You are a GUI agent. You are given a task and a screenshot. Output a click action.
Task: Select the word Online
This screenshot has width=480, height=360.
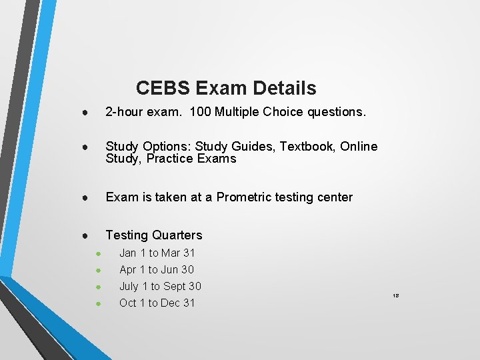click(359, 146)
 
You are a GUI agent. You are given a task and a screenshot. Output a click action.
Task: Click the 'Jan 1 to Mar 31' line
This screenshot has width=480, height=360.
click(157, 253)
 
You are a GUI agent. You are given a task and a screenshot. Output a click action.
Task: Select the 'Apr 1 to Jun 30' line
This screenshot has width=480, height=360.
click(157, 269)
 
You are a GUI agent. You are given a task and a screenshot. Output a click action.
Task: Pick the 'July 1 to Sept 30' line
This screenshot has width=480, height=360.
click(160, 286)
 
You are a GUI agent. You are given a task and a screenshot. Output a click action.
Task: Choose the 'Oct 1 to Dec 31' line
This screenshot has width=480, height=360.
click(157, 303)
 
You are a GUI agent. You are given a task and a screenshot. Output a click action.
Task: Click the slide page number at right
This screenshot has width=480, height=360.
click(395, 295)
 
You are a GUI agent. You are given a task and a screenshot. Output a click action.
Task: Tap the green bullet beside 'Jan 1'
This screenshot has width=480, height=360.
click(97, 253)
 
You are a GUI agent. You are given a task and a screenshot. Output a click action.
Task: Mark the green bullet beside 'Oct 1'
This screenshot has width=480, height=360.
click(97, 303)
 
